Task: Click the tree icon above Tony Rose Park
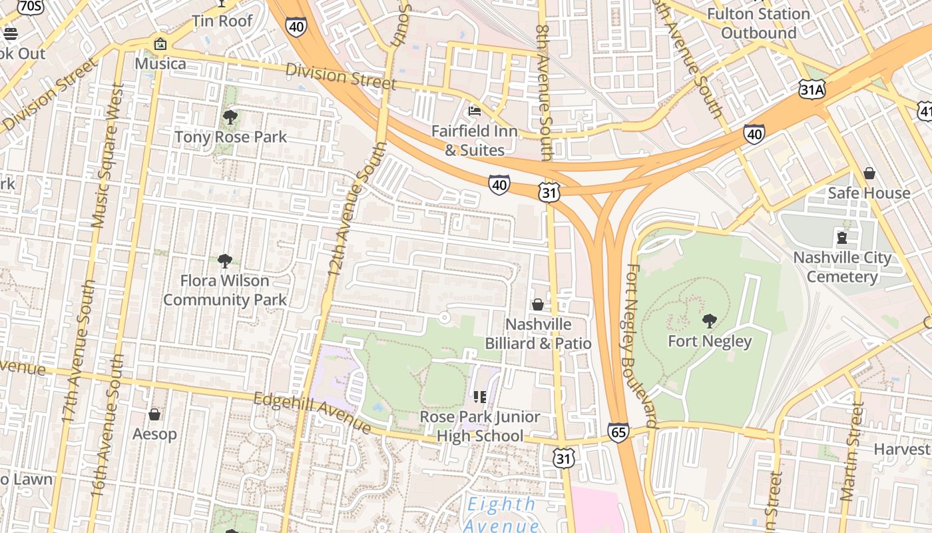coord(230,118)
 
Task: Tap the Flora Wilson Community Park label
coord(225,290)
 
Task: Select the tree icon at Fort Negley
coord(710,321)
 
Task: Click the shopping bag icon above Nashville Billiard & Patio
coord(538,304)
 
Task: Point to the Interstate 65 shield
coord(618,432)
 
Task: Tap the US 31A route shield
coord(814,89)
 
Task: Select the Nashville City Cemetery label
coord(842,267)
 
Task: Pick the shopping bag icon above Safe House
coord(869,173)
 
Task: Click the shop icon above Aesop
coord(154,414)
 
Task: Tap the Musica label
coord(160,64)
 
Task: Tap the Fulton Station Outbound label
coord(758,23)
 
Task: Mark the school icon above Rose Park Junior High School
coord(479,397)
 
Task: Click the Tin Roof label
coord(222,21)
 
